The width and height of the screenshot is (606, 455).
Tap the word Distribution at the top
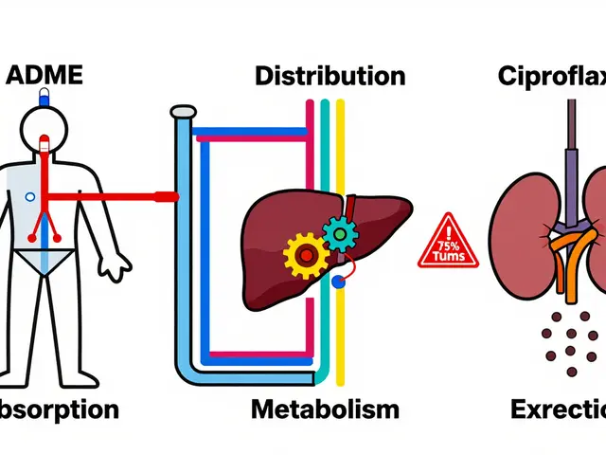point(330,76)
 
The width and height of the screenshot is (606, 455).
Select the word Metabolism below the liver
point(325,409)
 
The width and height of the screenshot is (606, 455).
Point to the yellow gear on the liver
point(306,253)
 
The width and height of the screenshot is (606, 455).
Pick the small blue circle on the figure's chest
point(29,196)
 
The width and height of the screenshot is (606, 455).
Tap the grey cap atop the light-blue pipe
point(184,113)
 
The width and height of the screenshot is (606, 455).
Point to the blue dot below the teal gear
point(339,281)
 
